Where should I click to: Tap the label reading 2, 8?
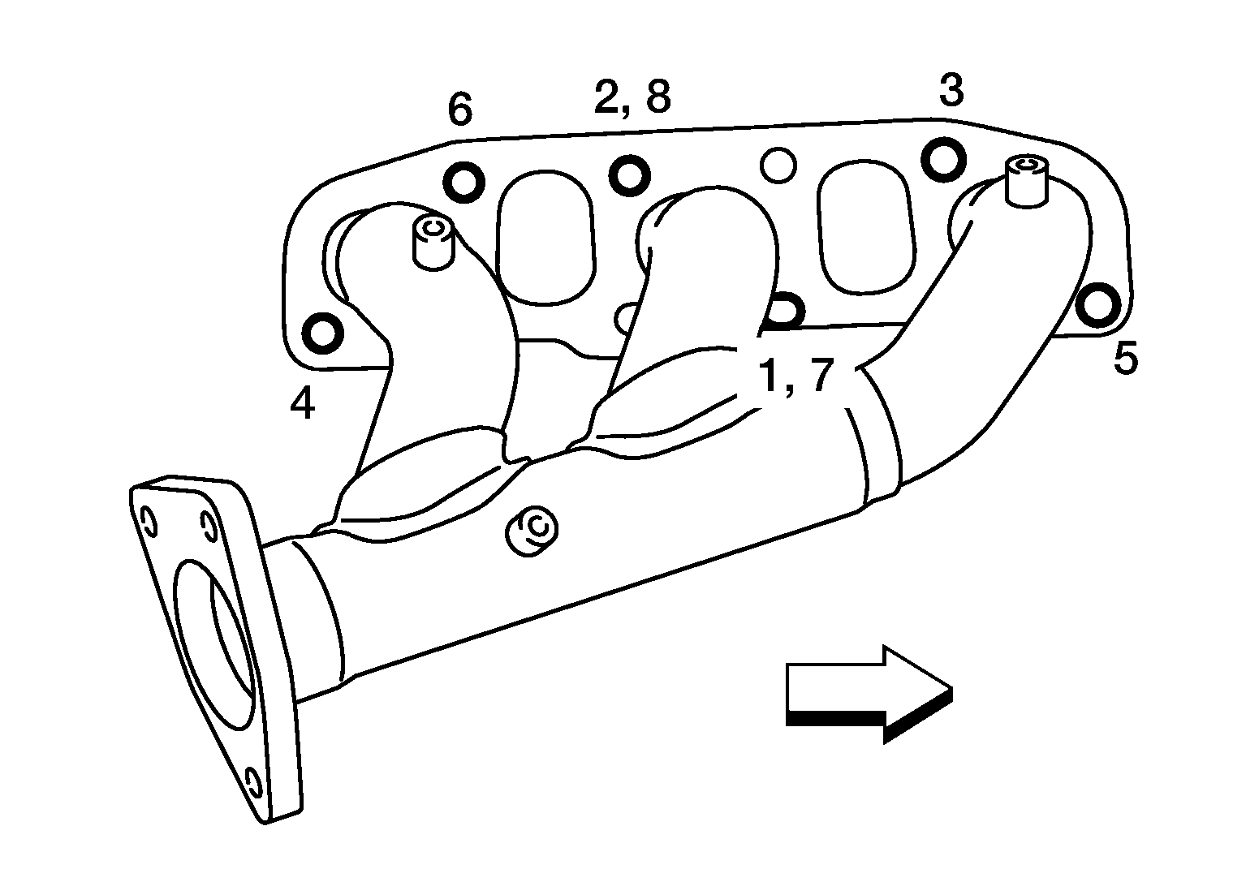pyautogui.click(x=632, y=97)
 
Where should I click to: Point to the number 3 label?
pyautogui.click(x=951, y=90)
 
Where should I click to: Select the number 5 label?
pyautogui.click(x=1126, y=358)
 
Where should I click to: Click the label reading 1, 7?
pyautogui.click(x=796, y=376)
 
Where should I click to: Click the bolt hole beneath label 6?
pyautogui.click(x=463, y=182)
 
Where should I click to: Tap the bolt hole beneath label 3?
pyautogui.click(x=943, y=158)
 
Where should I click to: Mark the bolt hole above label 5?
pyautogui.click(x=1097, y=305)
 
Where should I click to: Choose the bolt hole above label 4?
pyautogui.click(x=322, y=333)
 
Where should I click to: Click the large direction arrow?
pyautogui.click(x=869, y=694)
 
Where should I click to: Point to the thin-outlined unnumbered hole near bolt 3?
pyautogui.click(x=778, y=166)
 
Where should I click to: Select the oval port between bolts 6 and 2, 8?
pyautogui.click(x=545, y=238)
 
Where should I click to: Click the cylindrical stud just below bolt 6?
pyautogui.click(x=433, y=243)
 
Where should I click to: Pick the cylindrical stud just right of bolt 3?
pyautogui.click(x=1027, y=181)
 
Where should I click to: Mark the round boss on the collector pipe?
pyautogui.click(x=531, y=531)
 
